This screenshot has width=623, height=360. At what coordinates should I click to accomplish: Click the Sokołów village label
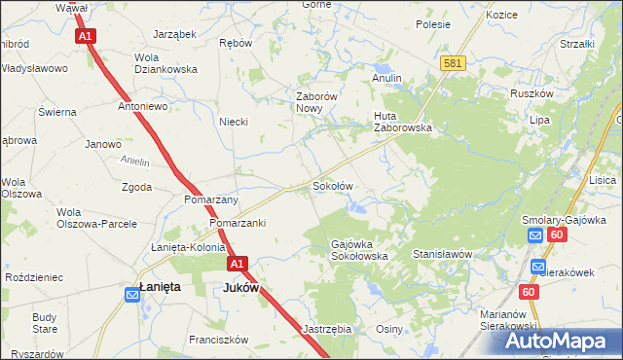[331, 185]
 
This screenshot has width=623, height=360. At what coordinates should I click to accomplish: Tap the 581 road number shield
[452, 63]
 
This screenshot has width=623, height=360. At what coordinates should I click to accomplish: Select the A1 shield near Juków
[238, 264]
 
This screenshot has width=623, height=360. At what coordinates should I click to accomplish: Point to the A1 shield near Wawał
[86, 36]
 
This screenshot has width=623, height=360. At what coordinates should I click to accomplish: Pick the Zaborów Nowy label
[316, 102]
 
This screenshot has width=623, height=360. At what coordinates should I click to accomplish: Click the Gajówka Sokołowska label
[360, 250]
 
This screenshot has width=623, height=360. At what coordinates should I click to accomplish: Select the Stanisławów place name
[443, 254]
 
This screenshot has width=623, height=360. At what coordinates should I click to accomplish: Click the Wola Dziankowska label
[165, 63]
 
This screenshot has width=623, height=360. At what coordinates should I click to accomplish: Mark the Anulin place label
[386, 77]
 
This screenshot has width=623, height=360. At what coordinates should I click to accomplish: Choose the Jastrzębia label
[327, 329]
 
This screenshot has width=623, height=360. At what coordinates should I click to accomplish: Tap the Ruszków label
[531, 94]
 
